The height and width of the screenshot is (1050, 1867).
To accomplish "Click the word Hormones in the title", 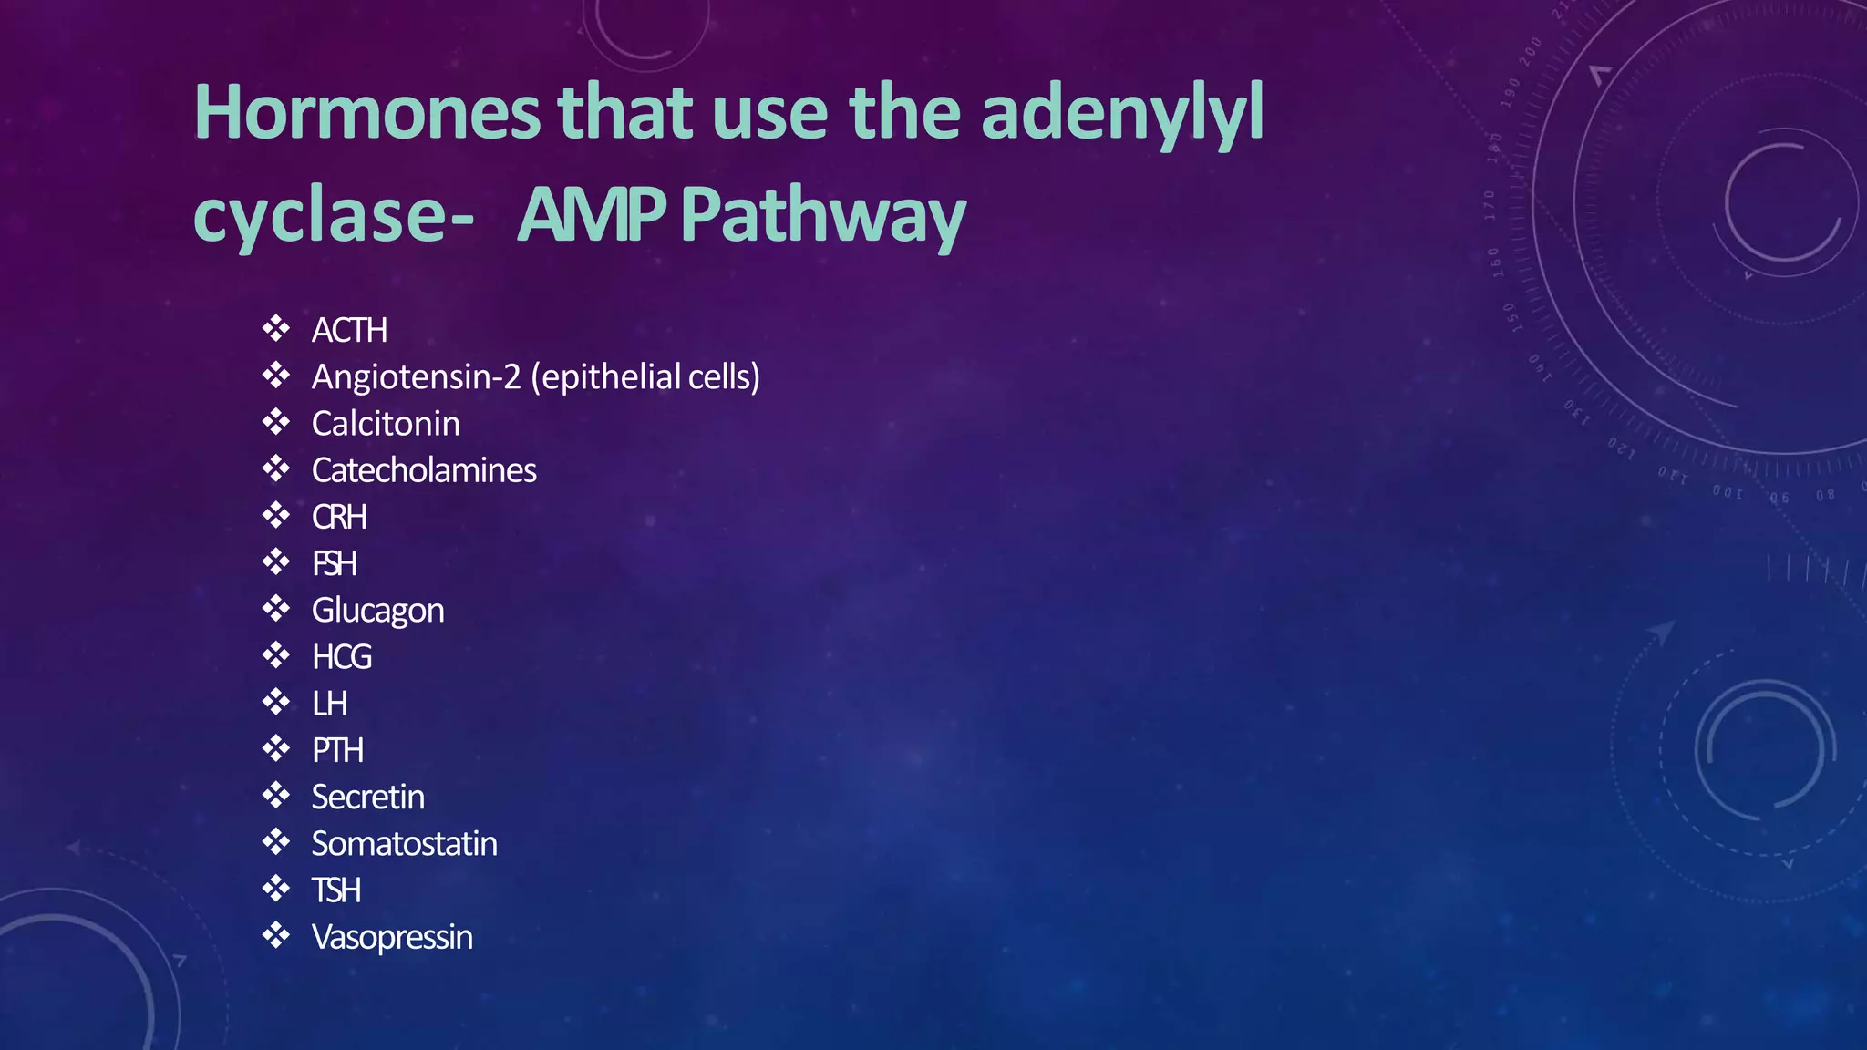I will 367,113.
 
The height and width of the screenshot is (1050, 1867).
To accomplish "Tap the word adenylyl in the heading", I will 1122,115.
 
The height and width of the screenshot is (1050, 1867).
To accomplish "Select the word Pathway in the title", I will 822,217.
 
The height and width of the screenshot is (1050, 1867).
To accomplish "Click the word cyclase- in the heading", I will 334,217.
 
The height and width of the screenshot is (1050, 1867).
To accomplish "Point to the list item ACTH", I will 349,330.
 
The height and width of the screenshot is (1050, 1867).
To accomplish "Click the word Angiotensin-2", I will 416,376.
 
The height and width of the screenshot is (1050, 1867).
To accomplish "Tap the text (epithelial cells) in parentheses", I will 645,376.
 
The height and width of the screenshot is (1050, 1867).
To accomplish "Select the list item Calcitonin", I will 386,424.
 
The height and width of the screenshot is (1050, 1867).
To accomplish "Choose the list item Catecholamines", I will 424,470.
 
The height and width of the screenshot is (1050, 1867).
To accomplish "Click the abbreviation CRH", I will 339,517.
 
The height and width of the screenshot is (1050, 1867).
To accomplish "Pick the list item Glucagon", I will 377,611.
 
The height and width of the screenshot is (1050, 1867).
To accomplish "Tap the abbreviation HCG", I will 342,657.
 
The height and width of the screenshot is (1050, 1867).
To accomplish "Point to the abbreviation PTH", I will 337,750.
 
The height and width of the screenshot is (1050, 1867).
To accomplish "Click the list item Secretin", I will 367,798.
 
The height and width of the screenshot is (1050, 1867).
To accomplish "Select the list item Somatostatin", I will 404,844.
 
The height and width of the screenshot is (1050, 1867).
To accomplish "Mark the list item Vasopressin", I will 392,937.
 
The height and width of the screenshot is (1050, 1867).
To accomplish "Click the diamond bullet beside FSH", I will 275,561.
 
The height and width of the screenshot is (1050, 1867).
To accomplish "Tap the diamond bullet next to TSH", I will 275,888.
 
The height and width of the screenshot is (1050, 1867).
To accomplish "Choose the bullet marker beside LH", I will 275,702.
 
